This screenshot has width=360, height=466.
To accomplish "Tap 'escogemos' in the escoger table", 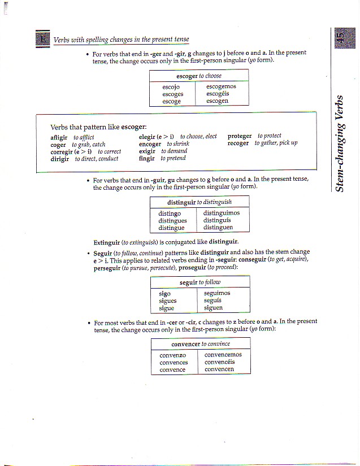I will (x=221, y=87).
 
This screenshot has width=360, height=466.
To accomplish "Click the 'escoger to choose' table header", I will (x=199, y=76).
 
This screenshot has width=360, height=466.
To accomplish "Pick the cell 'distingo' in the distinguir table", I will (x=170, y=214).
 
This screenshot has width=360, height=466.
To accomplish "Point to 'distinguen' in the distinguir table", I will (x=218, y=228).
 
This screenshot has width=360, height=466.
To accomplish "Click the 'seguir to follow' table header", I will (x=200, y=282).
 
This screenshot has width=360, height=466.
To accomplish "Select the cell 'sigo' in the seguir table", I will (x=164, y=294).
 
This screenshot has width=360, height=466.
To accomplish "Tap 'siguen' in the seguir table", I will (x=213, y=308).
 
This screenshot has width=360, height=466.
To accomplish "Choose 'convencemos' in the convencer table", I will (x=223, y=355).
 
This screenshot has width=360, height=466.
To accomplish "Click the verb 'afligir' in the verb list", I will (x=59, y=137).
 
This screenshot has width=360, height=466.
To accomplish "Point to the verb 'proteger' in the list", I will (x=240, y=136).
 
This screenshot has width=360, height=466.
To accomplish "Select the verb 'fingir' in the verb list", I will (x=146, y=159).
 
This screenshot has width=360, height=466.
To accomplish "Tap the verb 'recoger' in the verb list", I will (x=238, y=143).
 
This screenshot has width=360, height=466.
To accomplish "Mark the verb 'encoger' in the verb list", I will (x=150, y=144).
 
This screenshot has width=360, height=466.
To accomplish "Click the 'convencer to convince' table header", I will (x=201, y=343).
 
